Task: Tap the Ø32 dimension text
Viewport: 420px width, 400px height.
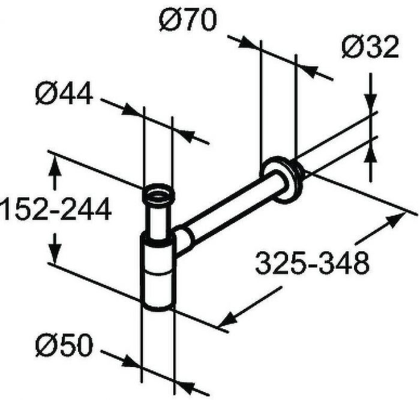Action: tap(370, 47)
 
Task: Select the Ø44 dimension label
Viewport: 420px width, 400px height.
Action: tap(64, 94)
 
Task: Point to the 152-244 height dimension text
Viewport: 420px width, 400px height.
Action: tap(56, 209)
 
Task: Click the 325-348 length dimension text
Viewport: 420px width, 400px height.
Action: tap(313, 263)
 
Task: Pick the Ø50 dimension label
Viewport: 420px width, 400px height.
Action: tap(64, 345)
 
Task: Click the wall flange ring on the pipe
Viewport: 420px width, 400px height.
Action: tap(282, 179)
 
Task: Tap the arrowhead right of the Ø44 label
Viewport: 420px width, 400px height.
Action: tap(130, 110)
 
